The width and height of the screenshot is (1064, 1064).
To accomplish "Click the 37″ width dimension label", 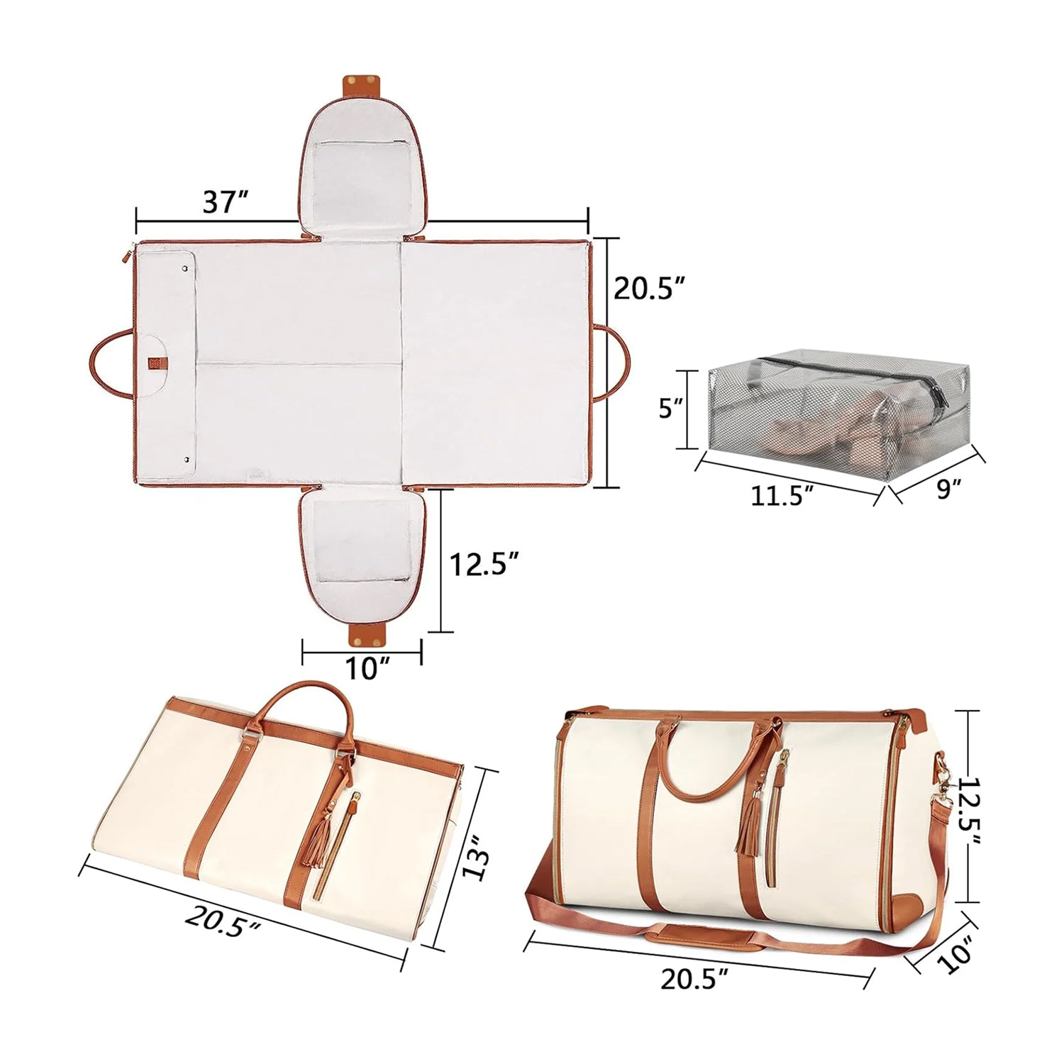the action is (x=225, y=202).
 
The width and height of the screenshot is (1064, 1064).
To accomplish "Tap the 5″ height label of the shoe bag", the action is (x=670, y=409).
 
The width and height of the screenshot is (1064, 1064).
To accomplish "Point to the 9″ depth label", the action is (x=948, y=488).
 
